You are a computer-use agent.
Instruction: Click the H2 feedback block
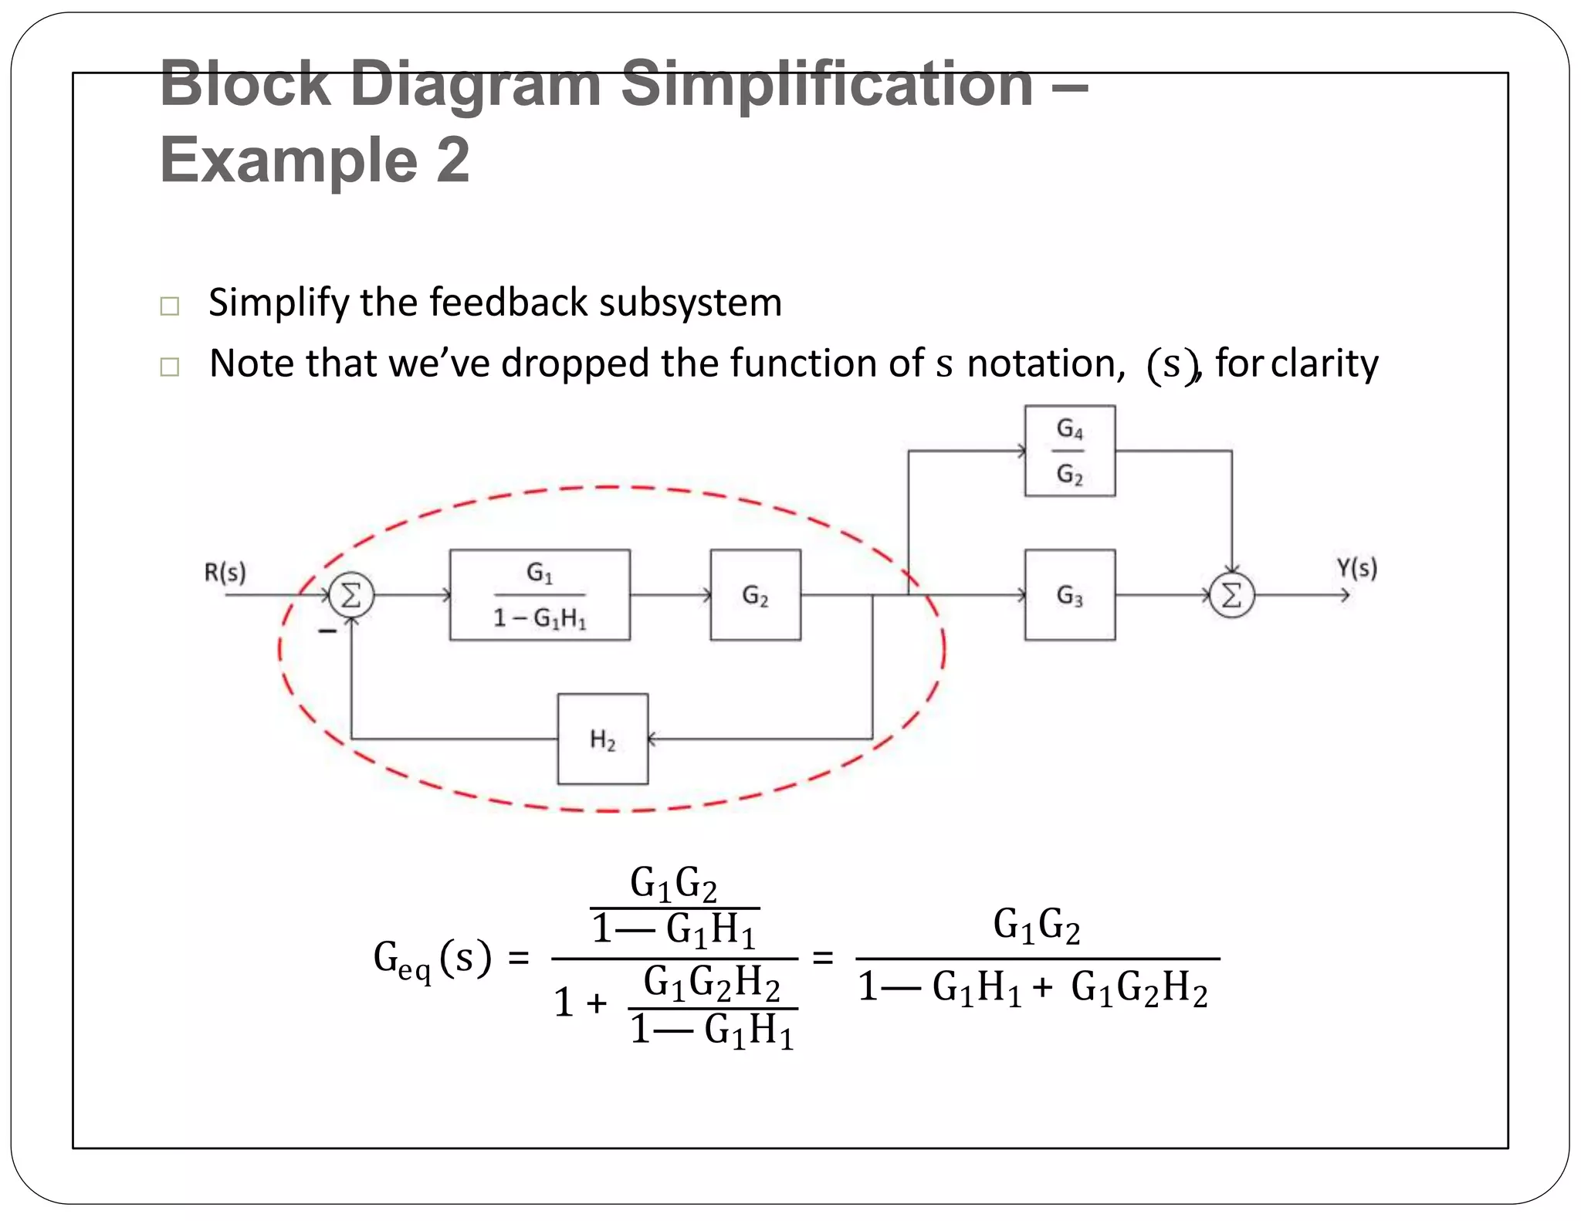603,739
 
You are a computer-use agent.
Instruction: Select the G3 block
1069,595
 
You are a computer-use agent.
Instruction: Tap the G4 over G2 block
1069,451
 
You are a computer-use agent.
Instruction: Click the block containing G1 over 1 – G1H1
540,595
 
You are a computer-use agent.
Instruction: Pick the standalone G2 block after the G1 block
755,595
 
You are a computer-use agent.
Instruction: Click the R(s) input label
225,573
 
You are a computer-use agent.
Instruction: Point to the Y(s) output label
1356,569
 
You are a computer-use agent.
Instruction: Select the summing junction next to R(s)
351,595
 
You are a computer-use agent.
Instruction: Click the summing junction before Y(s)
1231,595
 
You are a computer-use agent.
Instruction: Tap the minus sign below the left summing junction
328,631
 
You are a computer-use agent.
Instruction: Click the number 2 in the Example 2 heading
452,160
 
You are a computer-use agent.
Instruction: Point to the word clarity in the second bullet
1324,364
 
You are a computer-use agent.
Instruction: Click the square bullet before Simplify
170,306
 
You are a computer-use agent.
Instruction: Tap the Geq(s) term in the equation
432,959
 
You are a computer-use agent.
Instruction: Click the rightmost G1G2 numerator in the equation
1036,925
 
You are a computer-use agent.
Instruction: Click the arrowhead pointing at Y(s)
1345,595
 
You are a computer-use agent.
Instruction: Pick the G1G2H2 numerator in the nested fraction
711,983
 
